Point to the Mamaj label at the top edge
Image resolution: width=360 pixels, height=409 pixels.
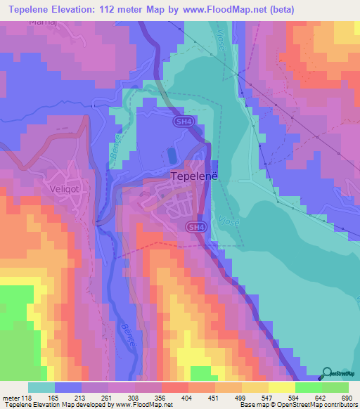coord(41,22)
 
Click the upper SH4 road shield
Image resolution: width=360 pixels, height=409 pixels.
coord(183,122)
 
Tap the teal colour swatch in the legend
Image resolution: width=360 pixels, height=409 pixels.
coord(41,387)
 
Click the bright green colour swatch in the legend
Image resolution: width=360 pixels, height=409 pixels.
coord(308,387)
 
